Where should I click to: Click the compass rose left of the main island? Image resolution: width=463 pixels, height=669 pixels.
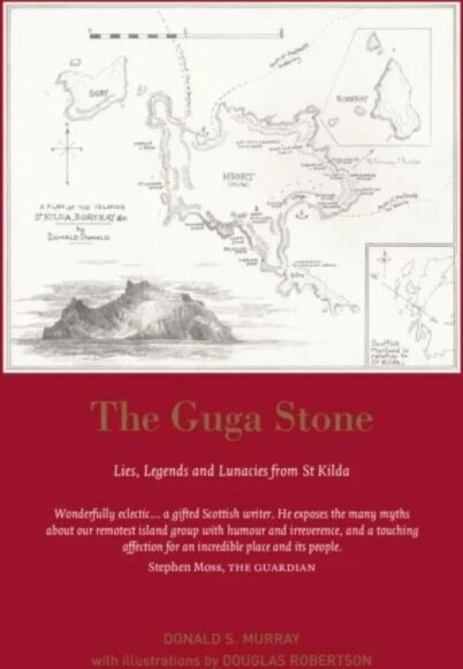coord(66,149)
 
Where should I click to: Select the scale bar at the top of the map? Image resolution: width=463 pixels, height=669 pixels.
coord(185,34)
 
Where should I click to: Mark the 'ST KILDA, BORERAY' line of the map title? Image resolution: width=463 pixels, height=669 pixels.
coord(89,215)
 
